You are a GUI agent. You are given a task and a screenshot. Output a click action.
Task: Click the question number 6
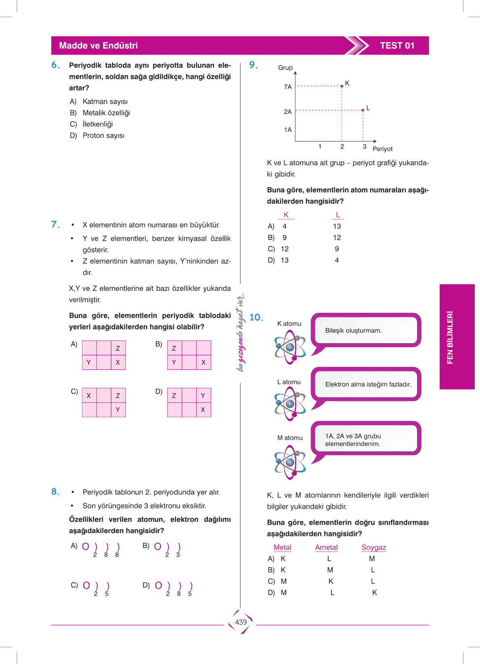(x=55, y=65)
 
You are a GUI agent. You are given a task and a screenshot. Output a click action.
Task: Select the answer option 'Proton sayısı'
(x=103, y=136)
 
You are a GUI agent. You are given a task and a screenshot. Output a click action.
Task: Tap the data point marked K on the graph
(x=342, y=86)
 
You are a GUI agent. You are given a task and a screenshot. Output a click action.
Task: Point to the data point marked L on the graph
(x=363, y=110)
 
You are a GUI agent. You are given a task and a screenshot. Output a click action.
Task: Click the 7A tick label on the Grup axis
(x=287, y=87)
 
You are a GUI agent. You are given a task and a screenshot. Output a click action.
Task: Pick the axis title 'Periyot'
(x=382, y=149)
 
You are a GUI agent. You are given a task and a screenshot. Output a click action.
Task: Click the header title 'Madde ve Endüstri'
(x=99, y=46)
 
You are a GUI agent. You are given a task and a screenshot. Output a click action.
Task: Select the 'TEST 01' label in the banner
(x=397, y=46)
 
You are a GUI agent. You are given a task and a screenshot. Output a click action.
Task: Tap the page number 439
(x=241, y=622)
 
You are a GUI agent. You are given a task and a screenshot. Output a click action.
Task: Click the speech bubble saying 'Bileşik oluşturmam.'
(x=366, y=330)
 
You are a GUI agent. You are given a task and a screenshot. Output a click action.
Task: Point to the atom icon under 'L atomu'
(x=290, y=403)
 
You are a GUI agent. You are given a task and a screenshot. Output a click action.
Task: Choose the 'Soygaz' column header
(x=373, y=548)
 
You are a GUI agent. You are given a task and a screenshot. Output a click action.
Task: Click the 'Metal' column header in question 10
(x=282, y=548)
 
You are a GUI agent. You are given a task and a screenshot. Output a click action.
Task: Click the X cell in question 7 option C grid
(x=89, y=396)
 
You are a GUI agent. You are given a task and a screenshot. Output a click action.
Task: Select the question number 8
(x=55, y=492)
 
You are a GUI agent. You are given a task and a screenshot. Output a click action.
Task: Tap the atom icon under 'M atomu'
(x=290, y=462)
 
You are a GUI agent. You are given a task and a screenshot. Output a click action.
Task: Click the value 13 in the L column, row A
(x=337, y=226)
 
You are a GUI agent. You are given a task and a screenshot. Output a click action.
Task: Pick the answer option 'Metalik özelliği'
(x=106, y=113)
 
